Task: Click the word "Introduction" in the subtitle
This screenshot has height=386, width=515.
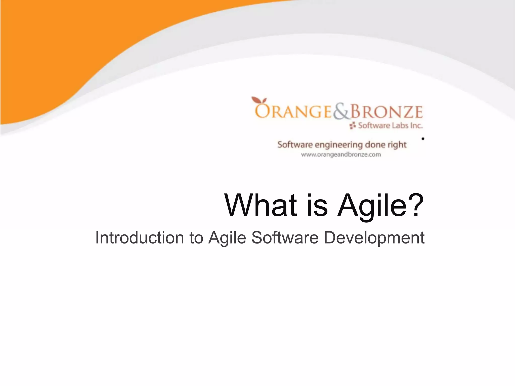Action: coord(140,237)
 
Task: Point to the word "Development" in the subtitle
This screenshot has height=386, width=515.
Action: coord(374,238)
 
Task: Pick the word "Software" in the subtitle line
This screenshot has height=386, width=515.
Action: coord(285,237)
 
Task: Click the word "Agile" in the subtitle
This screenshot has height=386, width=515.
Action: coord(227,238)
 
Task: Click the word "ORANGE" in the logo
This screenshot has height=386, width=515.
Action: coord(293,112)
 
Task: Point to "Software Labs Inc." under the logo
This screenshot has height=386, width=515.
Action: coord(390,125)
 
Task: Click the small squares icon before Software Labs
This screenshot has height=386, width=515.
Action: coord(353,125)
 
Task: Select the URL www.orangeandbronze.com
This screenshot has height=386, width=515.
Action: coord(341,155)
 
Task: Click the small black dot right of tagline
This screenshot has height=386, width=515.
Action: coord(423,138)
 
